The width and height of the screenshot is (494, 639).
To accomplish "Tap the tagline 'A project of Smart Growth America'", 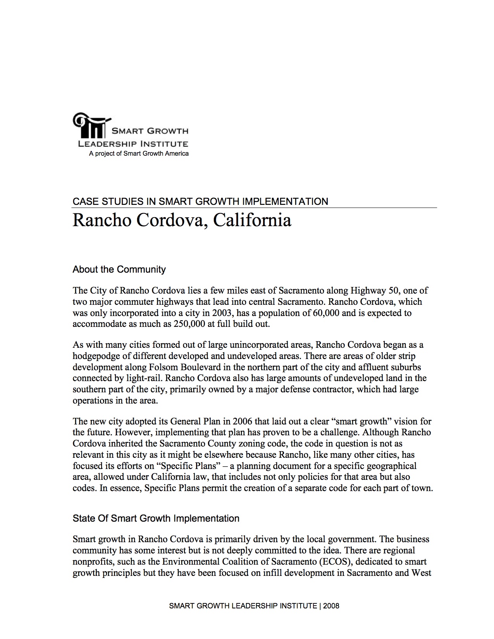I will (x=139, y=154).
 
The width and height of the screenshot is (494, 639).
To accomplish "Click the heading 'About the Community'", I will (x=119, y=270).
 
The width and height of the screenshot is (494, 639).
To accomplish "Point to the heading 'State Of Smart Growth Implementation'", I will (x=156, y=518).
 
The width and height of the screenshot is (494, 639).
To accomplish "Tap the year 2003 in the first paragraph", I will (x=219, y=313).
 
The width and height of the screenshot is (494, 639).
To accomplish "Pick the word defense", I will (x=296, y=389).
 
